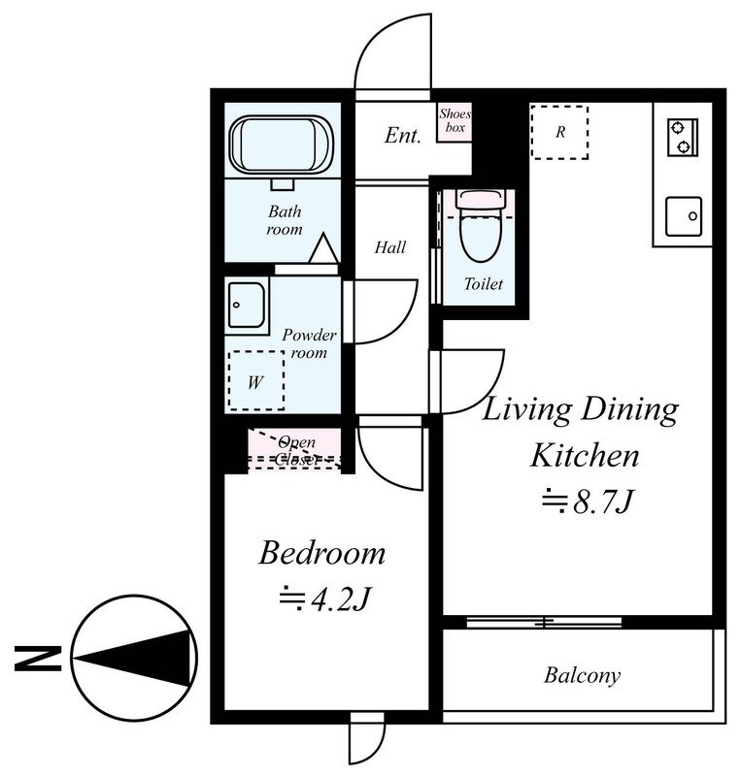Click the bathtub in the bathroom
(281, 145)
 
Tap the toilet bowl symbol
(481, 225)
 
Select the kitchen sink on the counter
(684, 216)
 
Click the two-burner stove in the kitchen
(683, 137)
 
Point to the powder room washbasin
(247, 306)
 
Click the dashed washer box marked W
(256, 380)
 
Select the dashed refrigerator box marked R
(559, 132)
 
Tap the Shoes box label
(455, 120)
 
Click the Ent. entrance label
(402, 135)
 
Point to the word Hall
(390, 247)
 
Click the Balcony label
(582, 675)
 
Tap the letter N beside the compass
(38, 659)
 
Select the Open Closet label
(296, 450)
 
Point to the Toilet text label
(484, 283)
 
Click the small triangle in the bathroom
(323, 248)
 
